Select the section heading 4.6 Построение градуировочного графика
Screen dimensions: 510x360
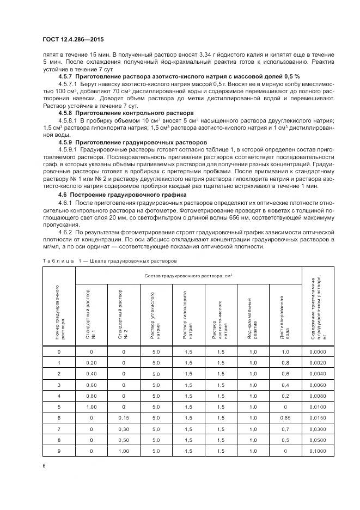point(122,195)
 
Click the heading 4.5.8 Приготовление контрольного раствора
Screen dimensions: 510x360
point(126,113)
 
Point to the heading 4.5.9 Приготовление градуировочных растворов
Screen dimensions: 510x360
point(133,141)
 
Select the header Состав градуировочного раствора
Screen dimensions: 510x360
point(188,276)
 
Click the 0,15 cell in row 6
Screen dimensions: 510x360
point(124,417)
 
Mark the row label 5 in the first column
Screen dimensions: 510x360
point(59,407)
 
